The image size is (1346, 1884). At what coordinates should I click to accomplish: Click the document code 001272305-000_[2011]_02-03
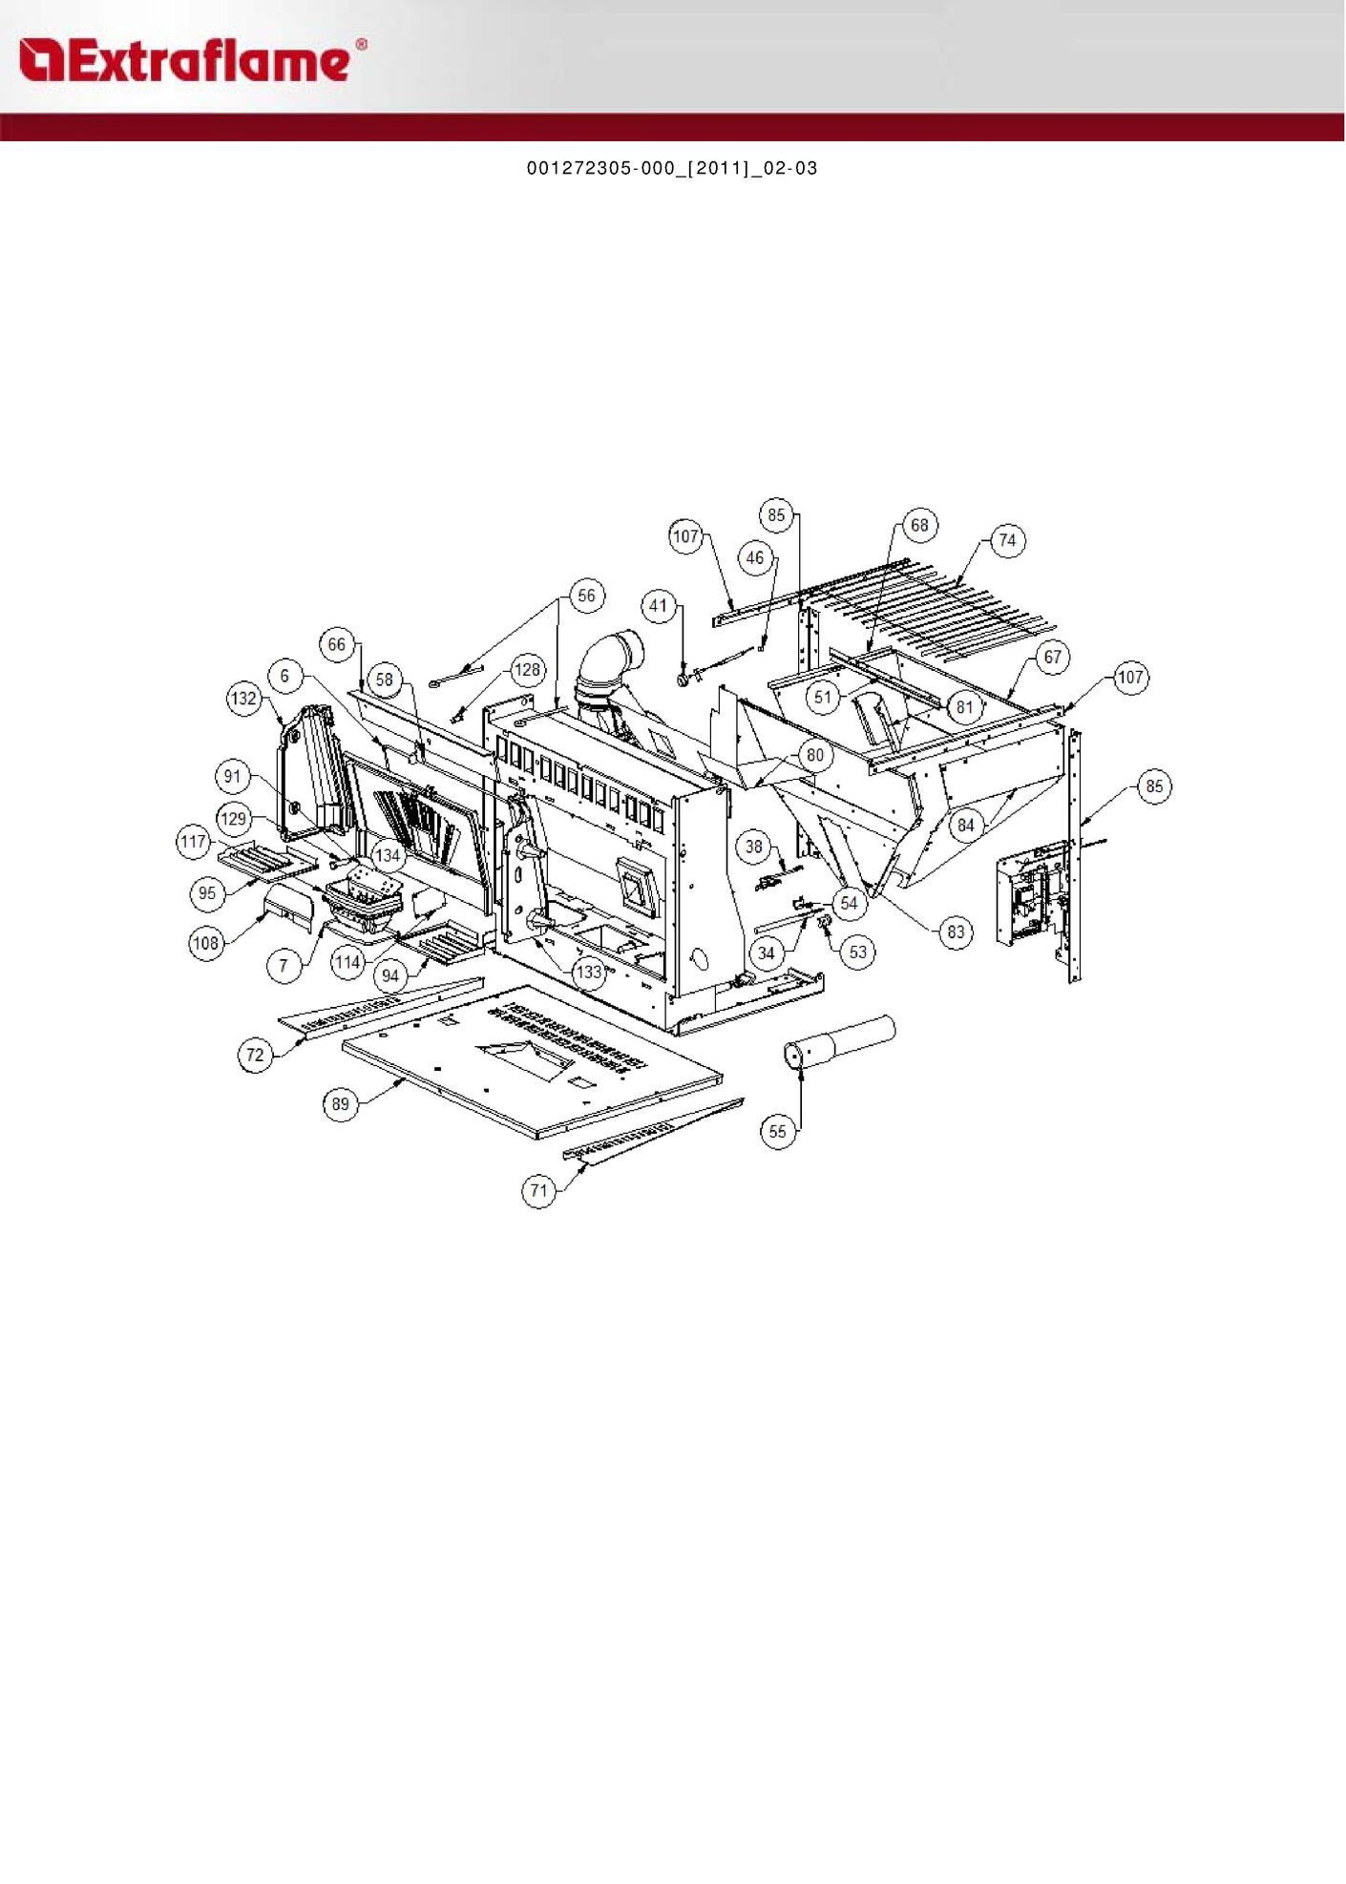672,168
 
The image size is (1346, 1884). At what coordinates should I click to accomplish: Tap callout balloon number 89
341,1104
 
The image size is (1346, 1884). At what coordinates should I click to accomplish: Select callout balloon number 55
778,1131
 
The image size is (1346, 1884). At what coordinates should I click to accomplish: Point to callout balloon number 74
1007,540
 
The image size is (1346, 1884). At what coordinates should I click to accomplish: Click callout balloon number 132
244,698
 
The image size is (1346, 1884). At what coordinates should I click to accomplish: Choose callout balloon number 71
539,1190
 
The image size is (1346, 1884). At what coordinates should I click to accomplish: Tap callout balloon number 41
659,605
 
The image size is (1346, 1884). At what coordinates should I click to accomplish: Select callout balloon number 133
589,972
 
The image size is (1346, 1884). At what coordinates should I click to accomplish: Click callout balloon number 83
956,932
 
